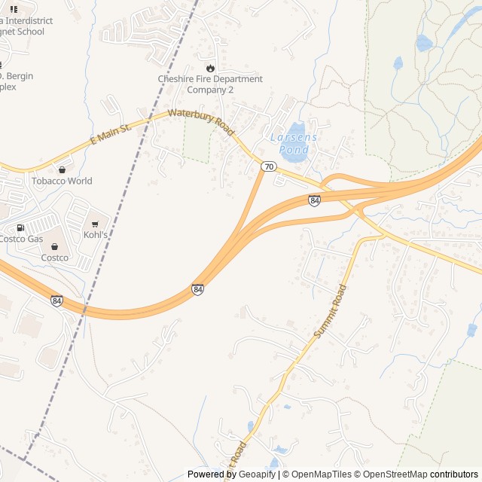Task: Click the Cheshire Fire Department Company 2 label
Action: (210, 84)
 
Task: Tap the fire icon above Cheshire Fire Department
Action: (210, 68)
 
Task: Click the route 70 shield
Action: (269, 166)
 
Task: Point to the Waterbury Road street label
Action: (201, 122)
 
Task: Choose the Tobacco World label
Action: (62, 181)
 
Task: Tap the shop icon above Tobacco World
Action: (62, 169)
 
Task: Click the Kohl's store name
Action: (96, 235)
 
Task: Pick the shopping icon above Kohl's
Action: (95, 224)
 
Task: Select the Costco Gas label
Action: (21, 239)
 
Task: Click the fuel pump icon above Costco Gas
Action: (20, 227)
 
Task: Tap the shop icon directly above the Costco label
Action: (54, 246)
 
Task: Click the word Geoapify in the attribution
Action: (256, 474)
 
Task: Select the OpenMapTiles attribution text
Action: (322, 474)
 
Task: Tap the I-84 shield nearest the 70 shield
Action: (314, 200)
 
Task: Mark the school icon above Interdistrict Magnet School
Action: (14, 9)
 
